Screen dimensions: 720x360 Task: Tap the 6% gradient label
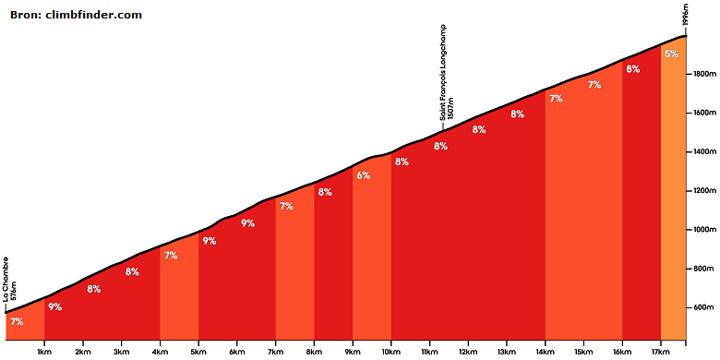point(363,175)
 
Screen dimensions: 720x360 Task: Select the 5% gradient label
point(671,54)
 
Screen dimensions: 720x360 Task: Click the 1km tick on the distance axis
point(44,352)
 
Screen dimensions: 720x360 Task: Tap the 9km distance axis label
point(353,352)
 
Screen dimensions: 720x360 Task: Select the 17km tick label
point(660,352)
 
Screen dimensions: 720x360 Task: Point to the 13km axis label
point(507,352)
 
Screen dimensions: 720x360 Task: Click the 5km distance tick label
point(198,352)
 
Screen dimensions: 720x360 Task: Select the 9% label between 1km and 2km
point(55,307)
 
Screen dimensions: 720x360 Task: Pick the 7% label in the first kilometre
point(17,322)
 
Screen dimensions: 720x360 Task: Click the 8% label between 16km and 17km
point(632,69)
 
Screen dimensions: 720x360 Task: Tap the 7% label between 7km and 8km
point(286,207)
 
